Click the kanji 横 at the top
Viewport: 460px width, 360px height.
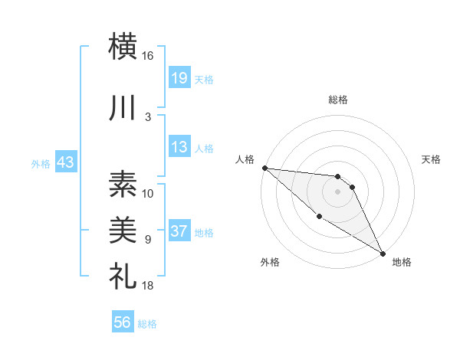[x=123, y=46]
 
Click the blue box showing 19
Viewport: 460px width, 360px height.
[x=179, y=77]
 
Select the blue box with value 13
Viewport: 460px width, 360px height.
[x=179, y=147]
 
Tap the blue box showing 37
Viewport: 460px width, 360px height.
[x=179, y=232]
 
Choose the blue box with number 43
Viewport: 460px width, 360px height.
[x=65, y=162]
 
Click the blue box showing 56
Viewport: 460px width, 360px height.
[x=123, y=323]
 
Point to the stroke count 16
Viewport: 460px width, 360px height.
[x=147, y=56]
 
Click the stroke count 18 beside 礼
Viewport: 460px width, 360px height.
[x=147, y=286]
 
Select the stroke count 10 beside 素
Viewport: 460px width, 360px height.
[x=147, y=193]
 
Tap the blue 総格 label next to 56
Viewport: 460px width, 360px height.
[x=147, y=324]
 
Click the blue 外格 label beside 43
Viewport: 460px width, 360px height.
[x=41, y=163]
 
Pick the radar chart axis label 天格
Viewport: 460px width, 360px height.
[x=431, y=159]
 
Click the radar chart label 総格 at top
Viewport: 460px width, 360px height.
[x=338, y=100]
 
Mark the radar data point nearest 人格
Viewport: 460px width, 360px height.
[x=264, y=168]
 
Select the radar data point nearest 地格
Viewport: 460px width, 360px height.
[x=383, y=253]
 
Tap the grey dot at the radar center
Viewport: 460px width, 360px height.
[x=338, y=191]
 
